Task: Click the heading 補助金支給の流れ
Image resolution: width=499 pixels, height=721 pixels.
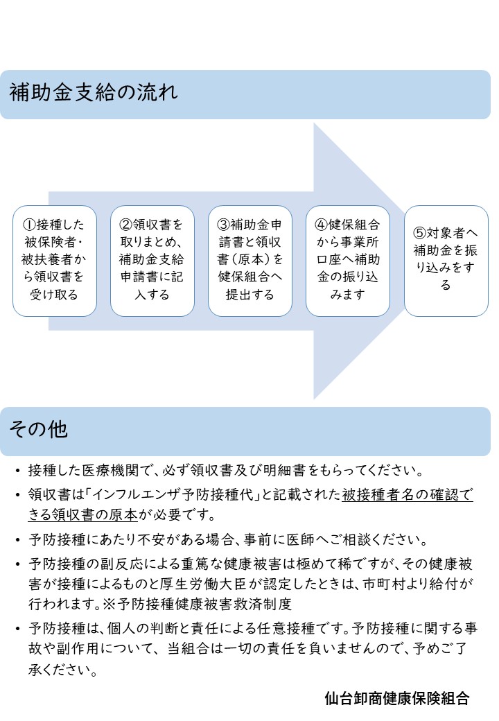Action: [x=94, y=92]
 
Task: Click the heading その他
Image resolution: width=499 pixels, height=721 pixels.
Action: [x=39, y=429]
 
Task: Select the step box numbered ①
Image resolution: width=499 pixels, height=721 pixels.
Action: [x=54, y=261]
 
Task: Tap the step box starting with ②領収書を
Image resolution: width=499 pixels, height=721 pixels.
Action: [x=152, y=261]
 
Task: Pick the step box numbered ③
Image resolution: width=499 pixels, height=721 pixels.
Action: [x=250, y=261]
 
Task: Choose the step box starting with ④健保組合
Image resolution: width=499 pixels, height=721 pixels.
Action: [x=348, y=261]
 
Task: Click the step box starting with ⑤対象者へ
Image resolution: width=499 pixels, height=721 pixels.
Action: [x=446, y=261]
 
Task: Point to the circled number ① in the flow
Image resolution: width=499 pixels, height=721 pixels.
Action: [x=29, y=225]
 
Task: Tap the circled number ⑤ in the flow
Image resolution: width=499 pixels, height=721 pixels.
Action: [x=419, y=233]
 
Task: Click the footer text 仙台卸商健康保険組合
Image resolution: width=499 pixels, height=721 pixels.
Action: [x=397, y=698]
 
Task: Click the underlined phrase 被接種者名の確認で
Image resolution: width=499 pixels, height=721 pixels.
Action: [x=407, y=494]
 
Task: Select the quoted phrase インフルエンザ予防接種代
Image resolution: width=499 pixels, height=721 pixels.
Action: [x=173, y=494]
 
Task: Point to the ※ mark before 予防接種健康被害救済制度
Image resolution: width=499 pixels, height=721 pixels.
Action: [x=110, y=603]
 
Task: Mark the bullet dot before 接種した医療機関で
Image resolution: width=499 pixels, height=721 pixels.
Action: [x=17, y=471]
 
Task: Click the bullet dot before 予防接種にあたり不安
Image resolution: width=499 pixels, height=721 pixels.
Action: [x=17, y=540]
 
